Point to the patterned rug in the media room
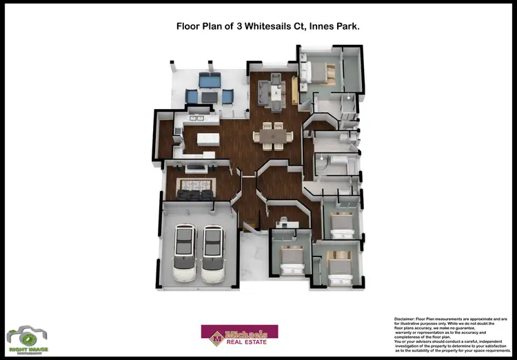pyautogui.click(x=196, y=184)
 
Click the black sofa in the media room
pyautogui.click(x=194, y=195)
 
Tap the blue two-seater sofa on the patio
pyautogui.click(x=208, y=81)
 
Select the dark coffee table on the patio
pyautogui.click(x=208, y=94)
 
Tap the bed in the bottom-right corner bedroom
pyautogui.click(x=340, y=268)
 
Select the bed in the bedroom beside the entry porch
pyautogui.click(x=292, y=259)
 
